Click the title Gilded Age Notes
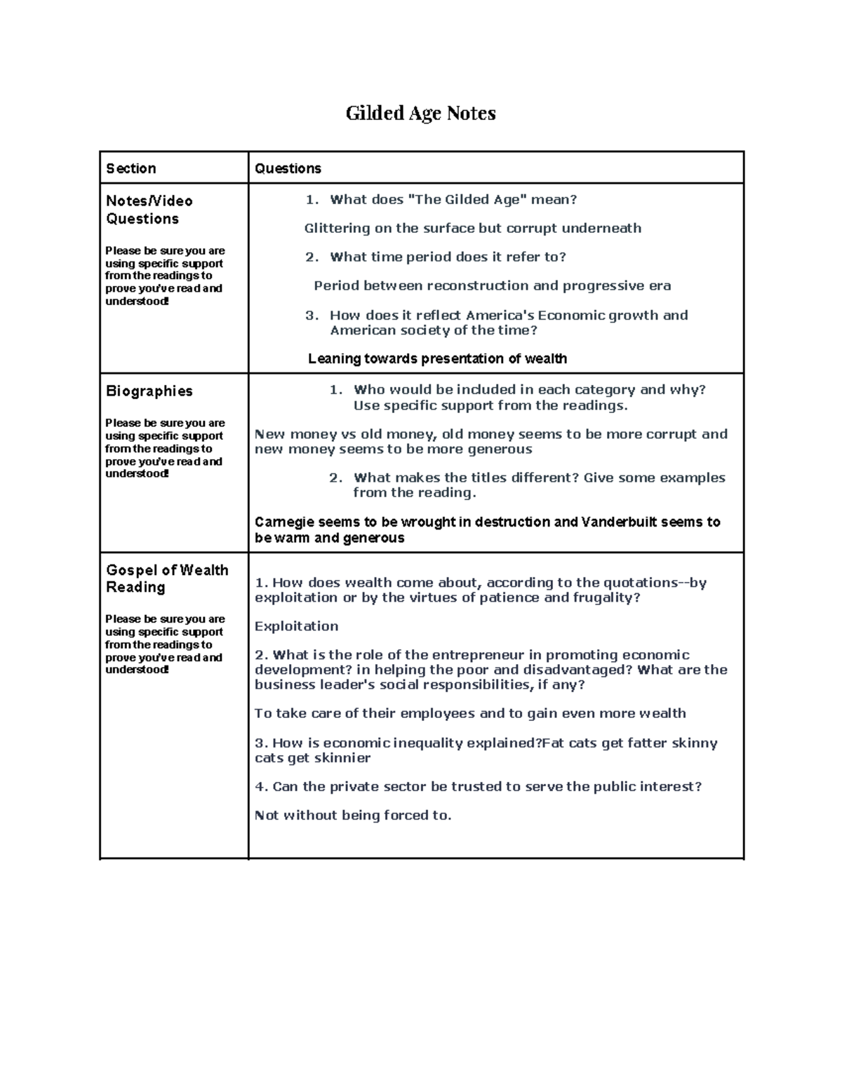[420, 114]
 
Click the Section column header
[131, 168]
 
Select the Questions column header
[288, 168]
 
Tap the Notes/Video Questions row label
[149, 210]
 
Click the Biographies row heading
[149, 391]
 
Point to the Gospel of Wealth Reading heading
[167, 579]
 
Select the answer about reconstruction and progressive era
[492, 285]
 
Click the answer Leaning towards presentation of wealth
[437, 359]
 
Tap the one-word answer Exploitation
[296, 626]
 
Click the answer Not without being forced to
[353, 815]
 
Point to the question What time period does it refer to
[447, 257]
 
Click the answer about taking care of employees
[470, 713]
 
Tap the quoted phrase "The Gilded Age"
[467, 199]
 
